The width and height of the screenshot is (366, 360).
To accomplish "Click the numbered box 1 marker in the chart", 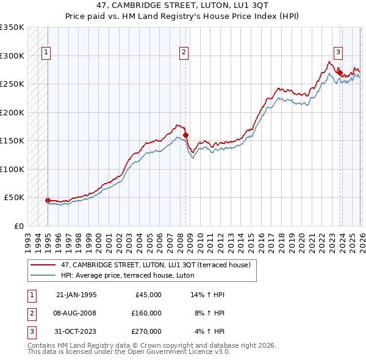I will click(47, 53).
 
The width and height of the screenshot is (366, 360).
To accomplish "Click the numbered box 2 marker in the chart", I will click(184, 53).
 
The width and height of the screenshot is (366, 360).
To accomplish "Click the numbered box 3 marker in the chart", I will click(338, 52).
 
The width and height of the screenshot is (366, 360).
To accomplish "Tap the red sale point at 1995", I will click(48, 200).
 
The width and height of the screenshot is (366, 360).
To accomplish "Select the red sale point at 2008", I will click(185, 135).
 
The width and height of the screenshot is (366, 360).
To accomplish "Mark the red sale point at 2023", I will click(340, 72).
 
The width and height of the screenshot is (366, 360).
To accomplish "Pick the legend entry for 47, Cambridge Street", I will click(151, 265).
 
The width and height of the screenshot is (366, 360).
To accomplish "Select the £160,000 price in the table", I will click(146, 312).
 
